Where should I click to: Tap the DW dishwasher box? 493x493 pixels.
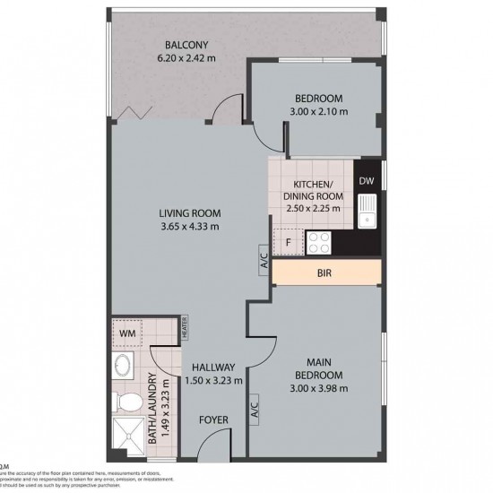[366, 181]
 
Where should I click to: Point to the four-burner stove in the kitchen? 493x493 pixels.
[319, 241]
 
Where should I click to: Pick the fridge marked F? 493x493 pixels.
[289, 241]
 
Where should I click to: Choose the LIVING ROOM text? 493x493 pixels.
[189, 212]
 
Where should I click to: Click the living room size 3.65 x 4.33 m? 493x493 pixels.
[189, 226]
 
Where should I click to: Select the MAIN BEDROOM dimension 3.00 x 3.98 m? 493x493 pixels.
[318, 389]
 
